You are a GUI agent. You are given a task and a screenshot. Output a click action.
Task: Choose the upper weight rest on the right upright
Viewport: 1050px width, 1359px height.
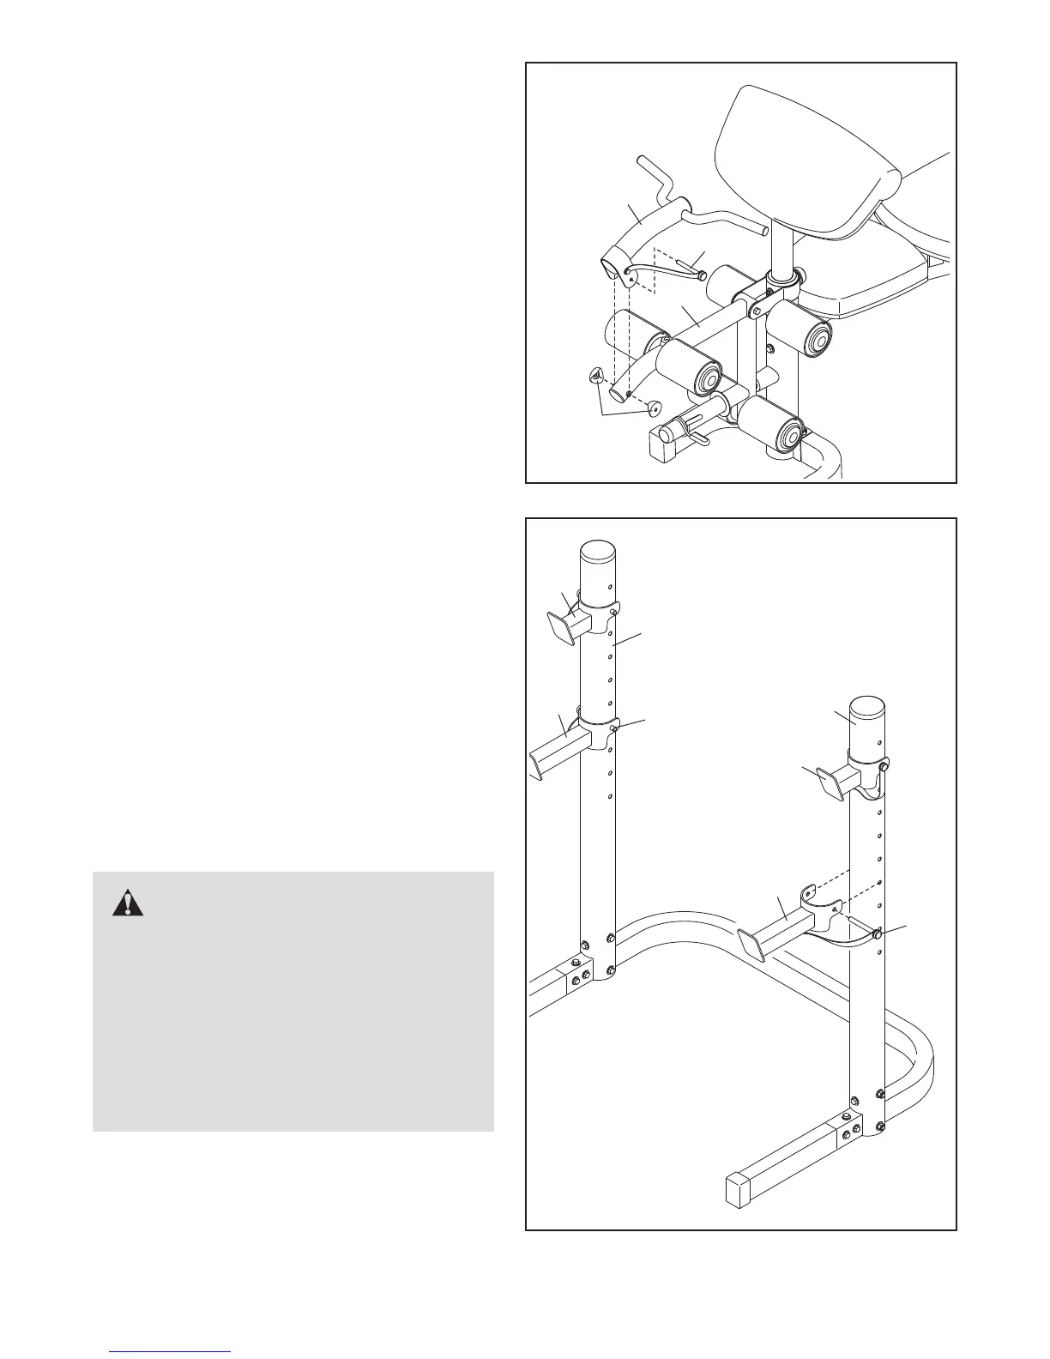pos(835,781)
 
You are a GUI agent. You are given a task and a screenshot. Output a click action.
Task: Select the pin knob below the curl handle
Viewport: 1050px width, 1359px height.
pos(701,275)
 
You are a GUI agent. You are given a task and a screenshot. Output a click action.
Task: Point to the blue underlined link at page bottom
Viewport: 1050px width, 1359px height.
pos(171,1351)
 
